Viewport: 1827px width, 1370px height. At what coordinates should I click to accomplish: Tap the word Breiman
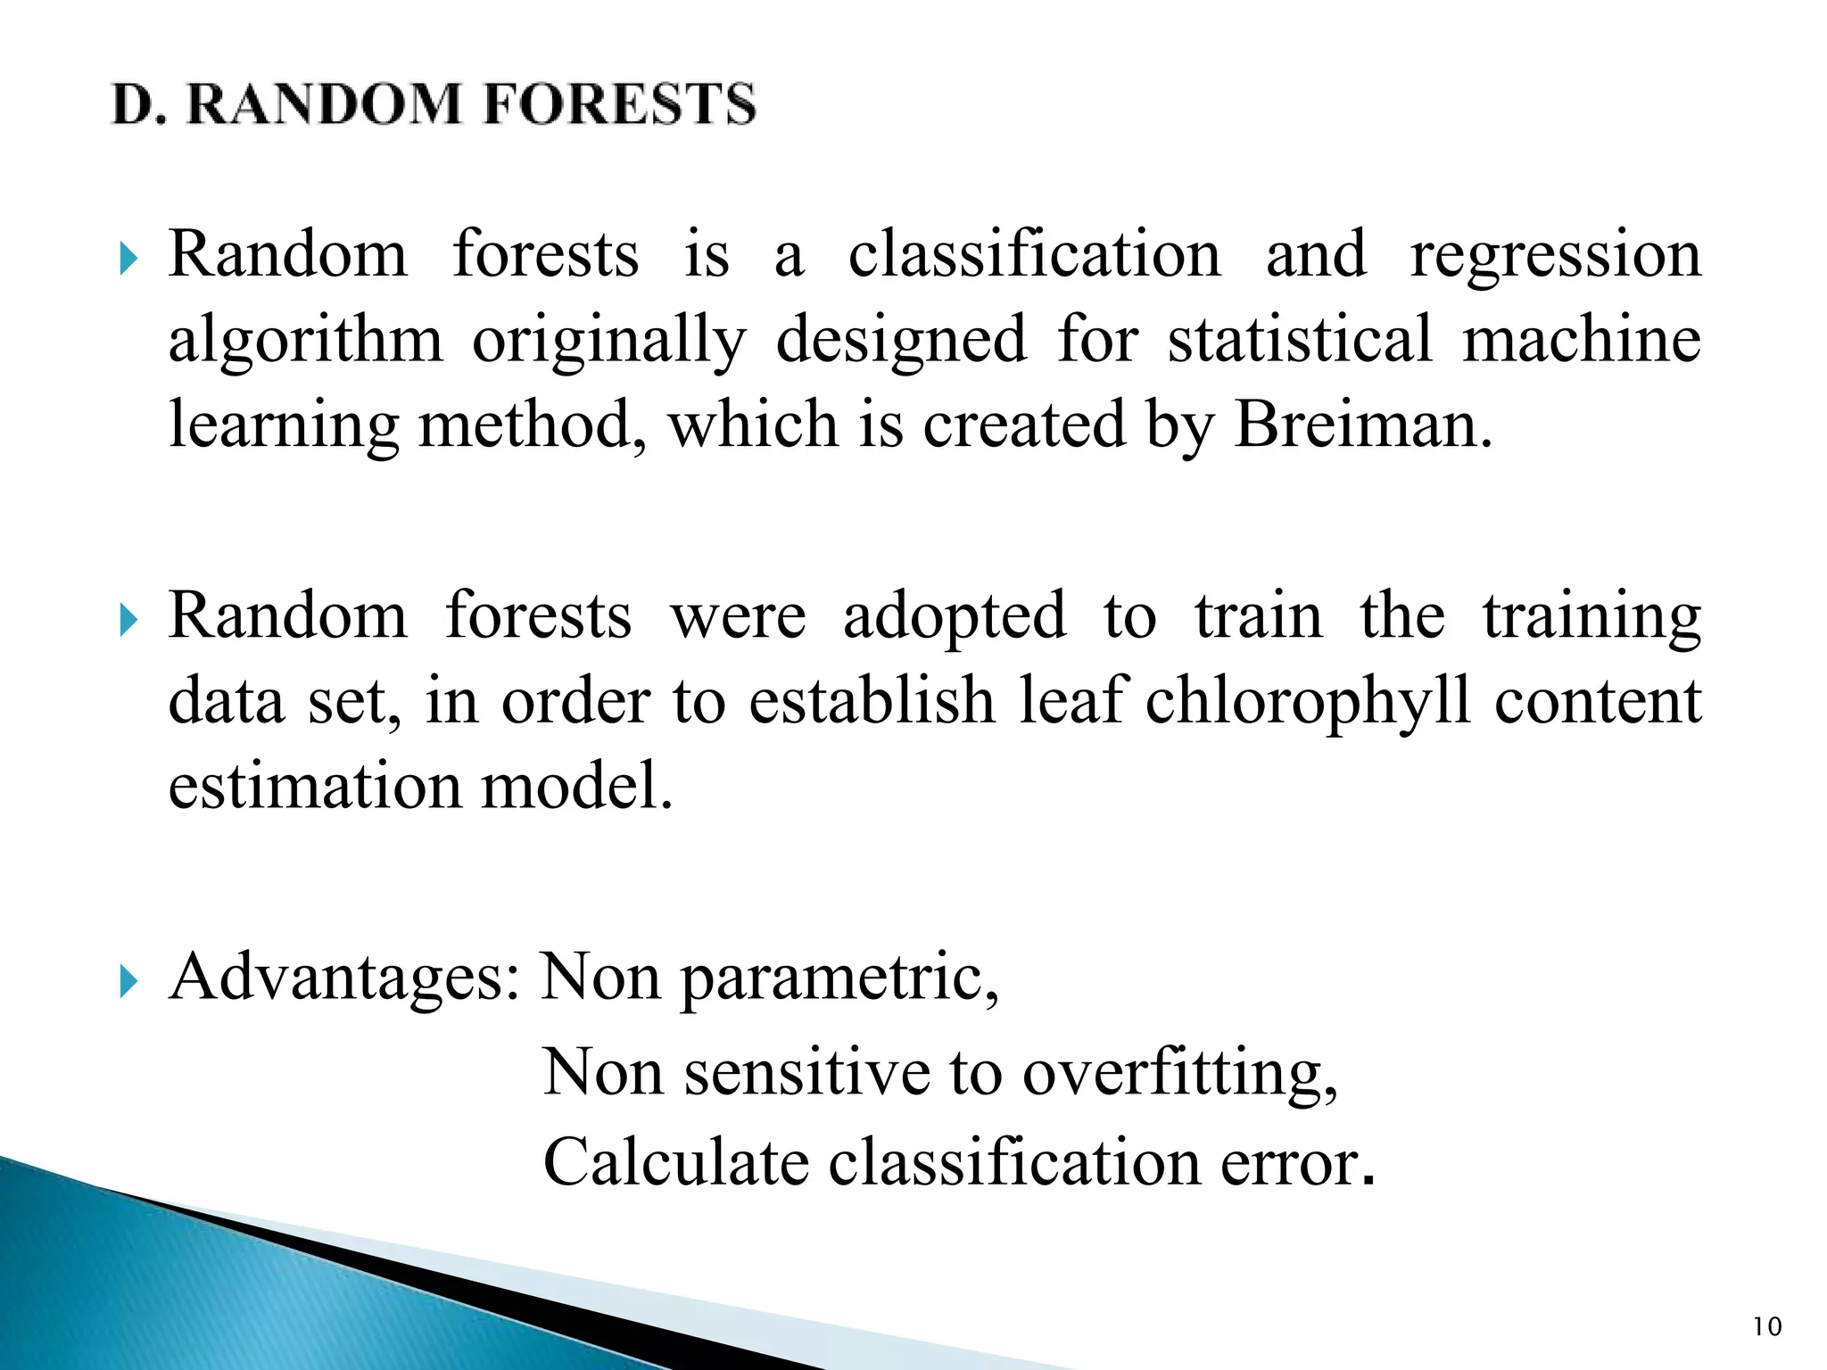1362,425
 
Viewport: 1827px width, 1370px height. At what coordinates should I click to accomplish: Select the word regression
1555,256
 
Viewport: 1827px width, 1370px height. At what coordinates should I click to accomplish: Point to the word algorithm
305,341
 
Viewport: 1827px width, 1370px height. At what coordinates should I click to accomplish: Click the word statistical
1299,339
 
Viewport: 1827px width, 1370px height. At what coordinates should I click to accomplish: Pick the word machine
1581,339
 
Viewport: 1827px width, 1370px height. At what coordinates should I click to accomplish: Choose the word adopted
954,617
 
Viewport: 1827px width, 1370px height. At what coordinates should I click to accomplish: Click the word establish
871,701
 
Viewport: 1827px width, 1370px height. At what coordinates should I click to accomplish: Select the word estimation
313,786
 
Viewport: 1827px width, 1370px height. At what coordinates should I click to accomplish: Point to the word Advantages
343,978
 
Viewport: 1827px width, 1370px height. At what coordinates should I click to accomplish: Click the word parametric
839,979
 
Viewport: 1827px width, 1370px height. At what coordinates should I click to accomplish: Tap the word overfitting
1179,1072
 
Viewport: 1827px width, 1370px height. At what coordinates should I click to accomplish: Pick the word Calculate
675,1162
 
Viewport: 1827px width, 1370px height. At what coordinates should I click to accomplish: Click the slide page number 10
1766,1327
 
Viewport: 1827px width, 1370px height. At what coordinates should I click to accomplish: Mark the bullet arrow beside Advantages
129,981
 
